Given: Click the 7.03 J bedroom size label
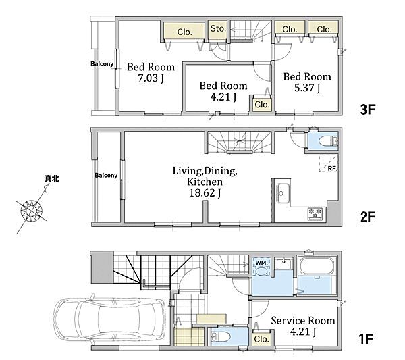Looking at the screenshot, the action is click(151, 78).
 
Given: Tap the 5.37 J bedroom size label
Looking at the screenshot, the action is click(307, 88).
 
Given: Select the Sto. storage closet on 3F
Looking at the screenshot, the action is click(218, 29).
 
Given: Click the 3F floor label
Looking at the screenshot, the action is click(368, 109).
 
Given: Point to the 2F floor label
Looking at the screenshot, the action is click(368, 217).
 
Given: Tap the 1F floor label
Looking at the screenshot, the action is click(367, 339).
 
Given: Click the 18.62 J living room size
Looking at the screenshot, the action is click(205, 192).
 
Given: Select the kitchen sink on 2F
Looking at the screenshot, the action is click(283, 193).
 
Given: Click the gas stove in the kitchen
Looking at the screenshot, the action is click(315, 213).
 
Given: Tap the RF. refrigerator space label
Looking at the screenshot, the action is click(333, 168).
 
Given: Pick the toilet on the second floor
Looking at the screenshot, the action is click(328, 141).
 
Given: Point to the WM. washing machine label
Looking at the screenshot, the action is click(262, 263).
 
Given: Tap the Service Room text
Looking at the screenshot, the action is click(302, 321).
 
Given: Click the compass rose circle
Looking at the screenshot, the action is click(32, 211).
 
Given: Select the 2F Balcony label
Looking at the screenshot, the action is click(106, 175).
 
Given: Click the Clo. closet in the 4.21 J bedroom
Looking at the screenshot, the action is click(262, 105).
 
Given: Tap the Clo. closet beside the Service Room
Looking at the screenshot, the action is click(261, 339).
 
